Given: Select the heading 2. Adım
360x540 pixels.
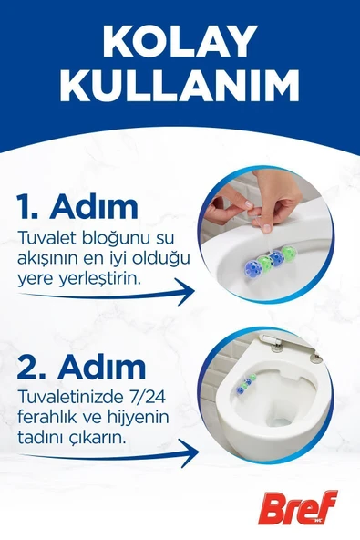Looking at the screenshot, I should [x=82, y=367].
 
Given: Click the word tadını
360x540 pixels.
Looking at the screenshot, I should [x=38, y=439].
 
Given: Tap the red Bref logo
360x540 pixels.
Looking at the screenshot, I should [x=298, y=507].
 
